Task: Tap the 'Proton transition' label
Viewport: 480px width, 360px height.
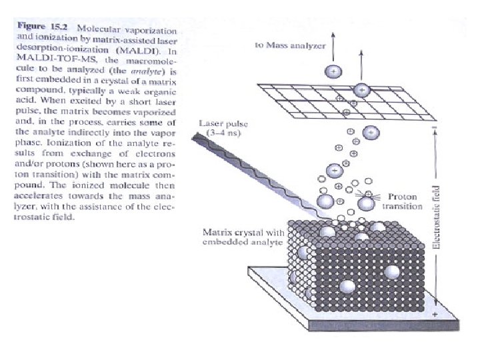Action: point(403,201)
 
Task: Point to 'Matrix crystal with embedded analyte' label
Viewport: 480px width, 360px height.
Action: point(243,237)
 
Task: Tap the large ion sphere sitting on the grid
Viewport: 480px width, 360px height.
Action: point(362,89)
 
